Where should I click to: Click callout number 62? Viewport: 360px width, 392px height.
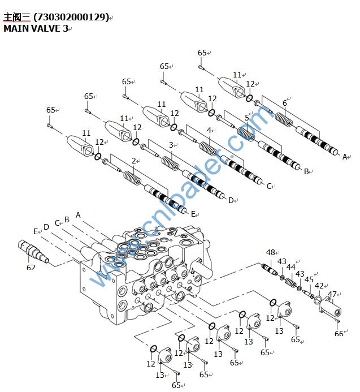click(x=31, y=266)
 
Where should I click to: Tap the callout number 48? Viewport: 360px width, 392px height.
click(x=270, y=252)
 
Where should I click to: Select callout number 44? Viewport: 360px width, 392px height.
click(x=290, y=266)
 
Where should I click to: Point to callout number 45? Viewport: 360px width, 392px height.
click(x=309, y=279)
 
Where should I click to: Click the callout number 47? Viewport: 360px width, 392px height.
click(x=332, y=294)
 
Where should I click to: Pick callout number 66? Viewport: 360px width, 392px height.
click(x=339, y=334)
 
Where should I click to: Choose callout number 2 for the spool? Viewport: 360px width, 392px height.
click(x=134, y=161)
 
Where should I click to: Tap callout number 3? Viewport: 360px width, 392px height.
click(x=171, y=145)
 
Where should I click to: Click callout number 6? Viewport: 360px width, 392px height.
click(x=285, y=103)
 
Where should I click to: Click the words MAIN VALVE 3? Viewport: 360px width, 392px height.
click(x=36, y=28)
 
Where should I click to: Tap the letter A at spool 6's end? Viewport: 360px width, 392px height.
click(x=345, y=157)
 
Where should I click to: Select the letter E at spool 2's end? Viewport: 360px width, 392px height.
click(x=193, y=214)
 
